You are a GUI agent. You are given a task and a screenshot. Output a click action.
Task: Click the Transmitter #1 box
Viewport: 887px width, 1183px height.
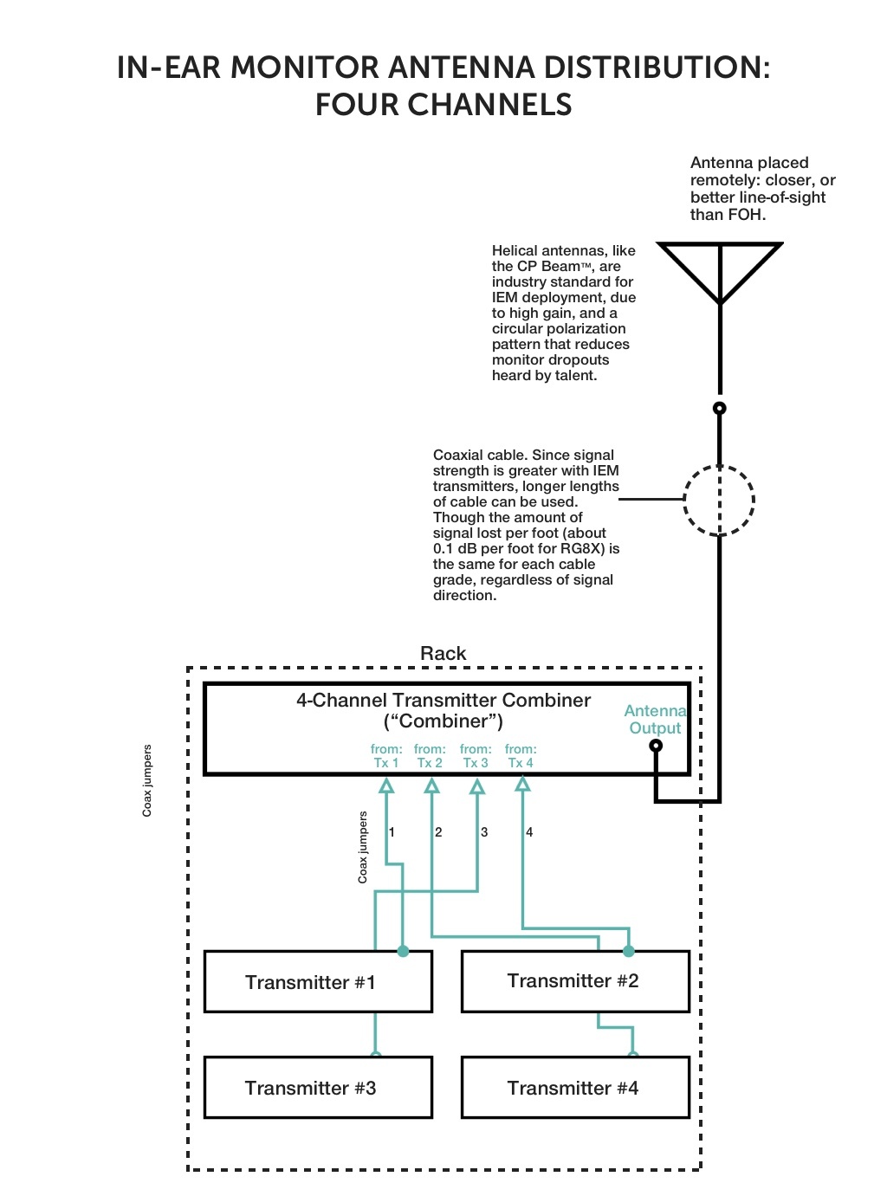(318, 982)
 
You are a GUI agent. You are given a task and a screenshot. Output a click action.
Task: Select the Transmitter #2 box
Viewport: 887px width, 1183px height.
(574, 981)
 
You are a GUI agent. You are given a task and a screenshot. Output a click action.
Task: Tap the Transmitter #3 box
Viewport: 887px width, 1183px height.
(318, 1088)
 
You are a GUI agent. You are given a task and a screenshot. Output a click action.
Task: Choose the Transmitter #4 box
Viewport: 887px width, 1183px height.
(574, 1088)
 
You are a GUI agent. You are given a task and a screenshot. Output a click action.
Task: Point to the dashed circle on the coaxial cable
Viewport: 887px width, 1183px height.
(719, 501)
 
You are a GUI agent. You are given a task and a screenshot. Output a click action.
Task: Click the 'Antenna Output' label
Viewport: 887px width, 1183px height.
(655, 720)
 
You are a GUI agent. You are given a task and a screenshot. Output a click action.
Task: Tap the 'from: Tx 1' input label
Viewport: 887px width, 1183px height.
(386, 756)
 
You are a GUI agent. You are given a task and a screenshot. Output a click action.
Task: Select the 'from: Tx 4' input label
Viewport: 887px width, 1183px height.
(521, 756)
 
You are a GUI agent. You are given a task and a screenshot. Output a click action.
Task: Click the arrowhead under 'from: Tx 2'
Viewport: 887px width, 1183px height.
(431, 785)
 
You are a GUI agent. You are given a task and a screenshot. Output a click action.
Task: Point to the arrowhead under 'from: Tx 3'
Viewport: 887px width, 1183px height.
(476, 786)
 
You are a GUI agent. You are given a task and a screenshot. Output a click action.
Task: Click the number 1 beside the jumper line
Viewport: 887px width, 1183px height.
(392, 832)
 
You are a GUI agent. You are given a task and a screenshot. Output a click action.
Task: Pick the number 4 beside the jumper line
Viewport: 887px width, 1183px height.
(529, 832)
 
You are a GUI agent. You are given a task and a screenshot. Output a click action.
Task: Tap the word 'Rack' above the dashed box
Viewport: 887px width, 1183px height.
(443, 654)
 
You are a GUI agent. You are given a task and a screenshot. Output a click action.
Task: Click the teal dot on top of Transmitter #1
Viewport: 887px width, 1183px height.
(403, 951)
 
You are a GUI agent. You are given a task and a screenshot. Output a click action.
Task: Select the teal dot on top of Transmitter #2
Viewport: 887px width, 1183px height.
(629, 951)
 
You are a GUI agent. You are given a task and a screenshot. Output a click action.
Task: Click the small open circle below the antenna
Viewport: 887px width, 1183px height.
(719, 408)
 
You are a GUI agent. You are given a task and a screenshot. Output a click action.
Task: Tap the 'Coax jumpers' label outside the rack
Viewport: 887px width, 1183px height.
(147, 780)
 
